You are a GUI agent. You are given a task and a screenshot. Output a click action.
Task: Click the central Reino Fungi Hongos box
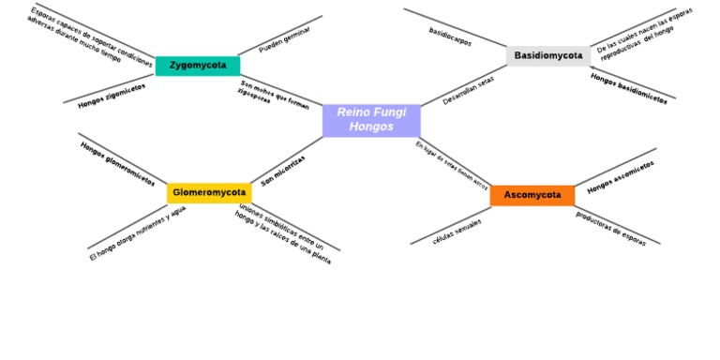pyautogui.click(x=371, y=120)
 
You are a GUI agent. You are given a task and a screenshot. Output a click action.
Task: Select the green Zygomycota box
pyautogui.click(x=198, y=66)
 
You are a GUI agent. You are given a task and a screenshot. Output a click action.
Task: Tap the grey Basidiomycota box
pyautogui.click(x=548, y=55)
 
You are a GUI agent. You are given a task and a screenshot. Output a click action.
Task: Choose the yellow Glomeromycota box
pyautogui.click(x=209, y=193)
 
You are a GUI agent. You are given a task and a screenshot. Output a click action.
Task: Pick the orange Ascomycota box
pyautogui.click(x=532, y=195)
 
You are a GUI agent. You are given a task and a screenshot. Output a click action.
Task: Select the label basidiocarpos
pyautogui.click(x=450, y=37)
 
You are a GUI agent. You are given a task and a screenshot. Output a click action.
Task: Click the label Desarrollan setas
pyautogui.click(x=468, y=90)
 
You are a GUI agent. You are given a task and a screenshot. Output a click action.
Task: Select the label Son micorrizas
pyautogui.click(x=283, y=171)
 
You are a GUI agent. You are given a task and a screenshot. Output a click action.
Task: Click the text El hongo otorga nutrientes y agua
pyautogui.click(x=137, y=232)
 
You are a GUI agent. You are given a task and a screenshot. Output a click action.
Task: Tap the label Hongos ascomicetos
pyautogui.click(x=621, y=177)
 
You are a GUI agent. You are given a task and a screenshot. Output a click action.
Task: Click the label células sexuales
pyautogui.click(x=457, y=232)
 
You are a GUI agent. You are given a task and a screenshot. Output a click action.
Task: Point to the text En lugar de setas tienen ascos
pyautogui.click(x=452, y=165)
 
